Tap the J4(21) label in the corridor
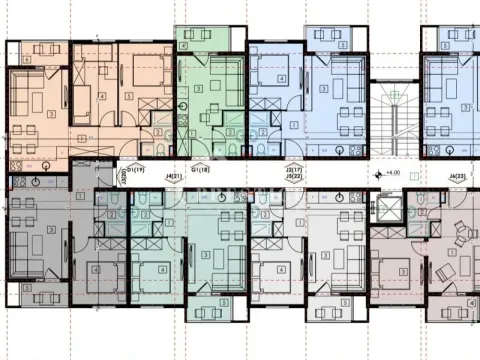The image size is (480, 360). click(x=176, y=178)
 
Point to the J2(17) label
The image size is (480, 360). click(x=293, y=170)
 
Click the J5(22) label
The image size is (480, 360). click(x=293, y=178)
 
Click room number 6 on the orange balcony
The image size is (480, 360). click(x=25, y=60)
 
